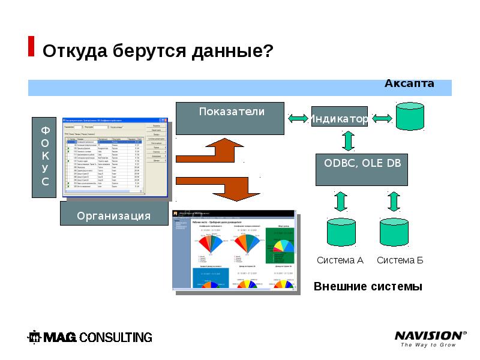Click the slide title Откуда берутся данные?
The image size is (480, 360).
coord(158,50)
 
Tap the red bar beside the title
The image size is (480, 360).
coord(31,46)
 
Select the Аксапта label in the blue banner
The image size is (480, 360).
coord(409,83)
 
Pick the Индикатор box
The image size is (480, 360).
coord(340,119)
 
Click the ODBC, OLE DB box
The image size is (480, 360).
coord(362,170)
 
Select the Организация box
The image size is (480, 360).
coord(113,214)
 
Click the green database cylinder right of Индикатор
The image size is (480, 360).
coord(410,116)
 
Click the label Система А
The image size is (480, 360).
coord(340,260)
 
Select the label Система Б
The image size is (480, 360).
coord(400,260)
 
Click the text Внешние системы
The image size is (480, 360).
coord(368,287)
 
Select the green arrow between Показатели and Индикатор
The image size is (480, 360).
coord(298,119)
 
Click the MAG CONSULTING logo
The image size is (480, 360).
coord(91,337)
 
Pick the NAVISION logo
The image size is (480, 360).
coord(430,338)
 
